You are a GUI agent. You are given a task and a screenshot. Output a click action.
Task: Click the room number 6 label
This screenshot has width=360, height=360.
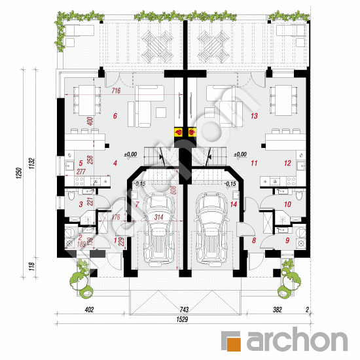coord(115,117)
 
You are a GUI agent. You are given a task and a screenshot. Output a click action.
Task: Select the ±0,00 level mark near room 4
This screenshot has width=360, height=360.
coord(130,154)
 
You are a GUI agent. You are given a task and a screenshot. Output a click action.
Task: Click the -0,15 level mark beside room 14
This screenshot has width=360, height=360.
coord(230,185)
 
